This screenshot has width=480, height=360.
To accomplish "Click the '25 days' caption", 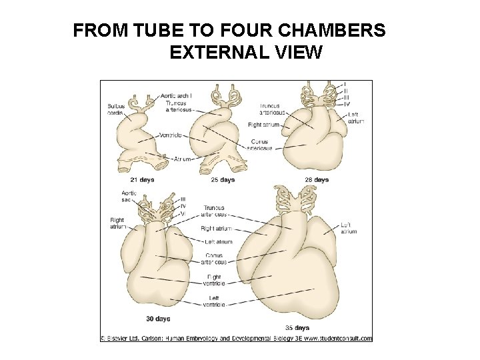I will [x=223, y=179].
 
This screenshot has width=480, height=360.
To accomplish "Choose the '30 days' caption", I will [x=158, y=317].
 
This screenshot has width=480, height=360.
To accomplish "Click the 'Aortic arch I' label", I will [x=176, y=95].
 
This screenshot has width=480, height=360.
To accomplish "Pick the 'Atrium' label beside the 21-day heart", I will [x=182, y=159].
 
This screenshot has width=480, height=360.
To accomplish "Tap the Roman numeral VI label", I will [x=183, y=213].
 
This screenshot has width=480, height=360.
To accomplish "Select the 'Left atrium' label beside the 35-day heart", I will [x=349, y=227].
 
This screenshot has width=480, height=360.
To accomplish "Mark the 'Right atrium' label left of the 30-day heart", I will [x=118, y=223].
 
